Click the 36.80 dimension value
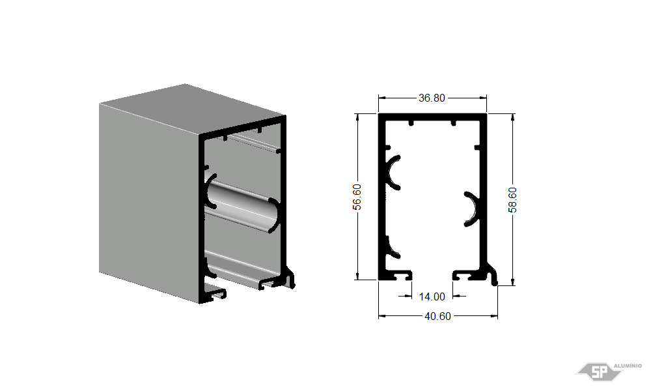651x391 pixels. [432, 98]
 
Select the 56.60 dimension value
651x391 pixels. [357, 197]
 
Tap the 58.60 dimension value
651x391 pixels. [513, 200]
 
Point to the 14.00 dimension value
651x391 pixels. [432, 297]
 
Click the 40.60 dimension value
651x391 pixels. [437, 316]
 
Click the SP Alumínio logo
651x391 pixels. [608, 371]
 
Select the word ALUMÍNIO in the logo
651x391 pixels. [628, 366]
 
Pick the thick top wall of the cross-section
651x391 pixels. [432, 117]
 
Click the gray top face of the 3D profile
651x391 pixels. [192, 108]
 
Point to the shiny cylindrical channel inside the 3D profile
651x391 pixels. [242, 206]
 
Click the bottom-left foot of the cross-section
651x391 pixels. [395, 275]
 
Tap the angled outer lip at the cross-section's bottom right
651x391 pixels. [492, 274]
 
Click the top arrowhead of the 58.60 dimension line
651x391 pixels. [513, 117]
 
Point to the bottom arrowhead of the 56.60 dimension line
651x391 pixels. [357, 276]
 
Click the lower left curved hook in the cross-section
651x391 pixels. [392, 248]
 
